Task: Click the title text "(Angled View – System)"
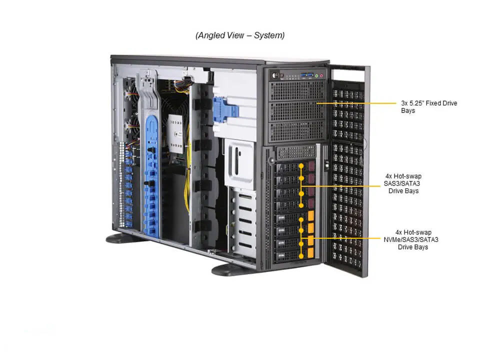pos(239,35)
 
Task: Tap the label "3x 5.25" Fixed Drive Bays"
pos(428,106)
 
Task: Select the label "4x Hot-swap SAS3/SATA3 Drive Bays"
pos(403,183)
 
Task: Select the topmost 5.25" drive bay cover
pos(296,90)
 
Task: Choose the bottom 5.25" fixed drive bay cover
pos(296,131)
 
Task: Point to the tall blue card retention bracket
pos(151,175)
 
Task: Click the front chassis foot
pos(233,270)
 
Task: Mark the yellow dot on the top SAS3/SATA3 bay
pos(301,166)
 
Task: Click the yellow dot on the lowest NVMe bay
pos(301,253)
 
